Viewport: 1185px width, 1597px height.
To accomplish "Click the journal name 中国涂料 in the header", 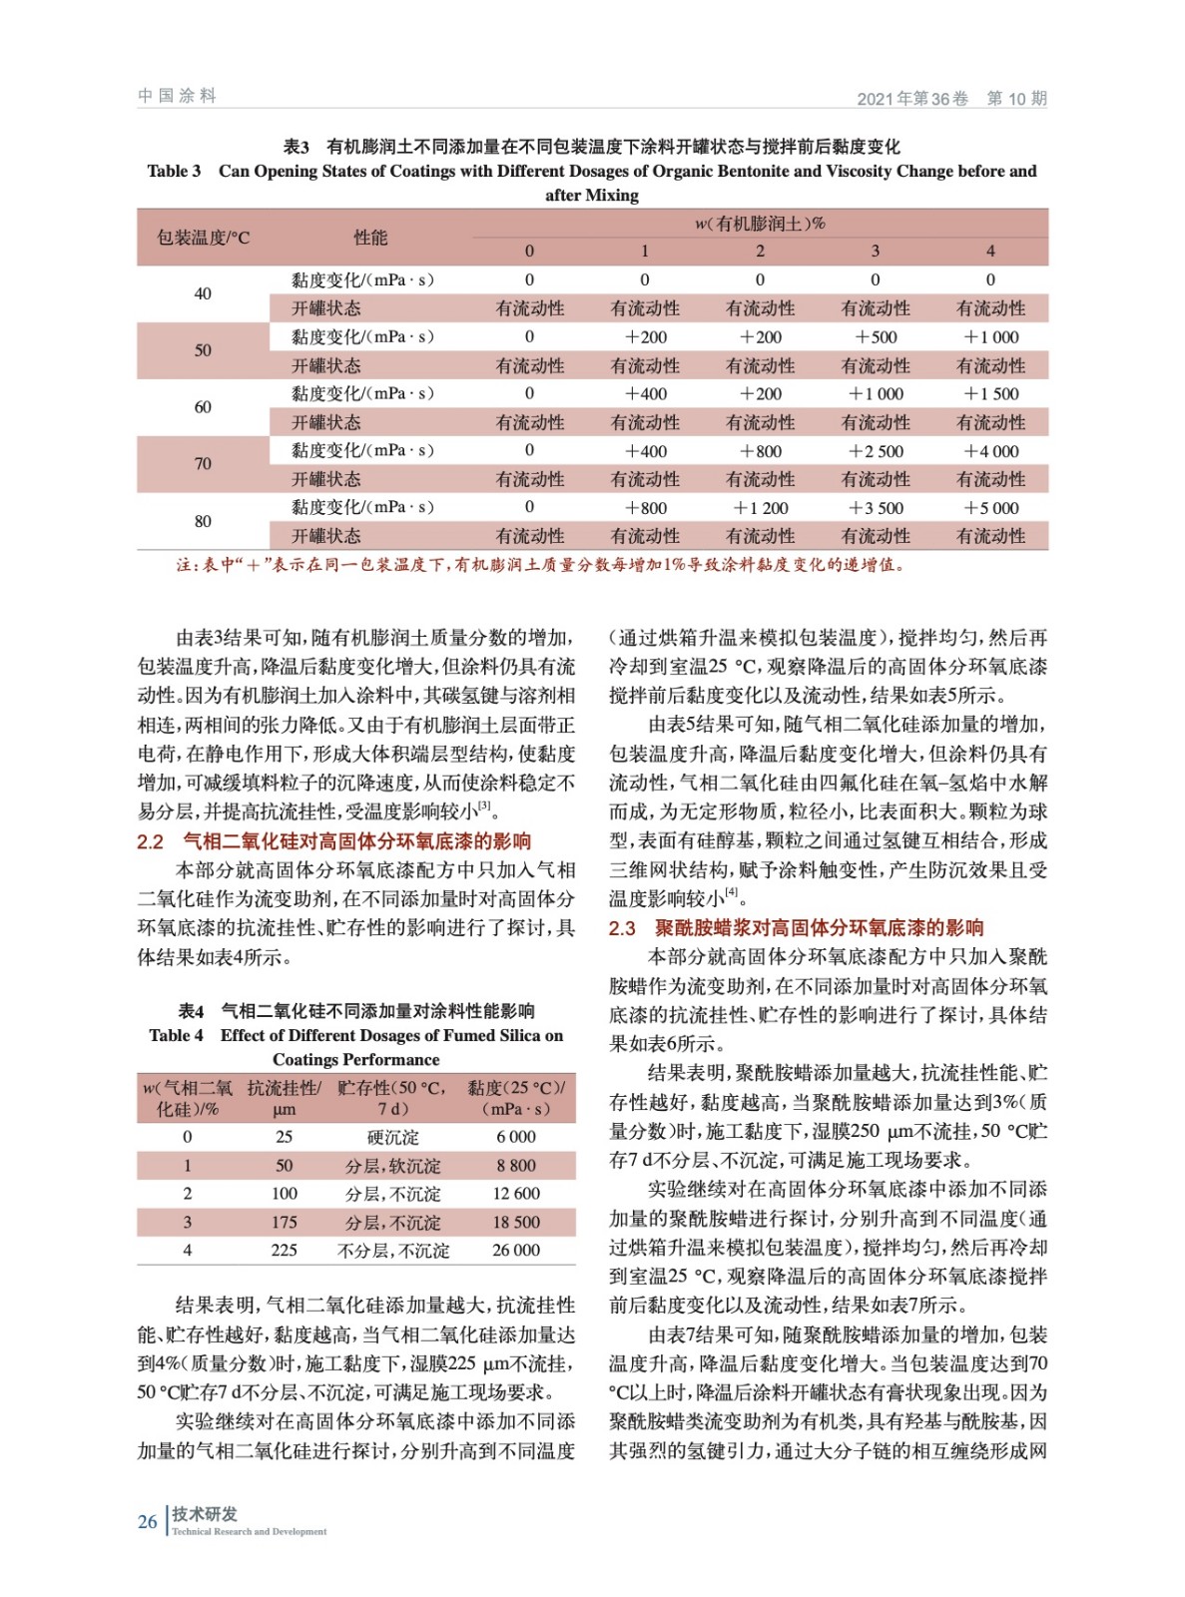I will click(x=177, y=96).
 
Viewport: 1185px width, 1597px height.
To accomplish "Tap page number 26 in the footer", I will click(x=148, y=1522).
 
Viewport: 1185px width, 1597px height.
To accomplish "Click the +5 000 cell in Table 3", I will click(x=990, y=508).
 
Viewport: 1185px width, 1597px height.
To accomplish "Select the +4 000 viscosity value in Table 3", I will click(x=990, y=451).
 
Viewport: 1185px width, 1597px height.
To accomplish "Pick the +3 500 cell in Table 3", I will click(x=876, y=508).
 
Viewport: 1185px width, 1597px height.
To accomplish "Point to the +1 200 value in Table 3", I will click(x=760, y=508).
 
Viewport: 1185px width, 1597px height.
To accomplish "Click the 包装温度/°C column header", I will click(x=203, y=238).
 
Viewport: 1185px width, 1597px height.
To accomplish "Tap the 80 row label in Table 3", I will click(x=203, y=521).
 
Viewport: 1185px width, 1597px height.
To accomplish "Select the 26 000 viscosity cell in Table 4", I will click(x=516, y=1251).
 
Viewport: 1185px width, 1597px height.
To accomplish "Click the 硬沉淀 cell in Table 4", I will click(x=393, y=1137).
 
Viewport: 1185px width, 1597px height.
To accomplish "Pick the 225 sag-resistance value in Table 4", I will click(x=285, y=1251).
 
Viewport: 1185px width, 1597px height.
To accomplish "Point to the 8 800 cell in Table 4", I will click(x=516, y=1166).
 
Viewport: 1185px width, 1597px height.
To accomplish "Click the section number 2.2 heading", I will click(x=150, y=841).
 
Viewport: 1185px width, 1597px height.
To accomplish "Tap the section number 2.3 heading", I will click(x=622, y=928).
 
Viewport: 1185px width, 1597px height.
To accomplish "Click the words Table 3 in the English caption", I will click(x=174, y=171).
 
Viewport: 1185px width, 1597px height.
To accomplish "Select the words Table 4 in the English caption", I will click(x=176, y=1035).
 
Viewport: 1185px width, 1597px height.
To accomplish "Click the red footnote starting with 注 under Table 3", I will click(x=539, y=565).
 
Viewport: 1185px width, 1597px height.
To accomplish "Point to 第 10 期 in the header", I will click(x=1016, y=98).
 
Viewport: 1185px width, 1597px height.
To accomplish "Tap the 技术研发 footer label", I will click(x=205, y=1514).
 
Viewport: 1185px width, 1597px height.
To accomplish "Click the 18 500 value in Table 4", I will click(x=516, y=1223).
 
